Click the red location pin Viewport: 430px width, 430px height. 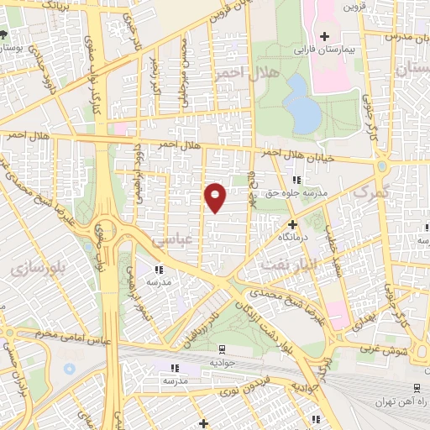click(x=215, y=195)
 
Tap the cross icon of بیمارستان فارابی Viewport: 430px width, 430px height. click(x=324, y=37)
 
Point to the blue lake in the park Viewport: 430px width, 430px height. click(x=301, y=105)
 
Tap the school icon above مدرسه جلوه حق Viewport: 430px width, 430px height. click(x=296, y=180)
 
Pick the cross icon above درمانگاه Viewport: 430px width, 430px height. click(x=292, y=224)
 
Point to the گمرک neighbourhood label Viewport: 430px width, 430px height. click(x=371, y=192)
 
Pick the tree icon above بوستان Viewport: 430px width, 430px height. click(x=4, y=35)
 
